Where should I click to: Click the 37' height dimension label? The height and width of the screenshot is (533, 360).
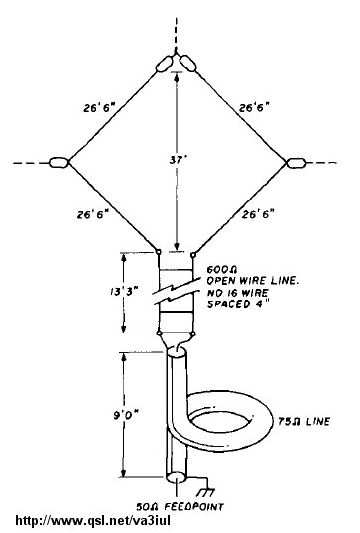coord(177,160)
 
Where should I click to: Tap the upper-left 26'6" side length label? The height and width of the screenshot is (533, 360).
coord(99,108)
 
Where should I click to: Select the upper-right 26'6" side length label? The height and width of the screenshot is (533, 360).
coord(254,108)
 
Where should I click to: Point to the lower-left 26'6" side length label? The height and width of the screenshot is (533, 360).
coord(92,214)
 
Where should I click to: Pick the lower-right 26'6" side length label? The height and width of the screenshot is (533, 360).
coord(258,214)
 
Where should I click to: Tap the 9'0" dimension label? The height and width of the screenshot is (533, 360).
coord(126,415)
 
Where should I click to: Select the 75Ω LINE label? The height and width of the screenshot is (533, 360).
coord(303,422)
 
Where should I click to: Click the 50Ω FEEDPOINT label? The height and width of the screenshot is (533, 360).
coord(180,507)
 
